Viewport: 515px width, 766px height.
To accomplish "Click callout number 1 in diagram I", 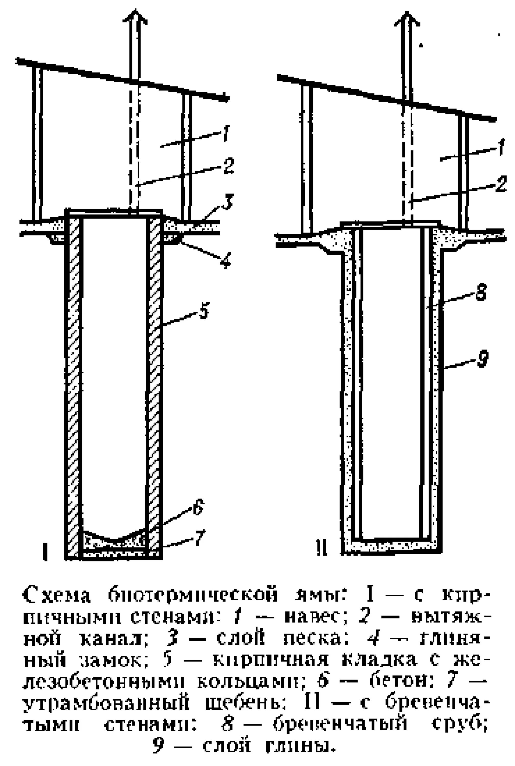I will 226,134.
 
